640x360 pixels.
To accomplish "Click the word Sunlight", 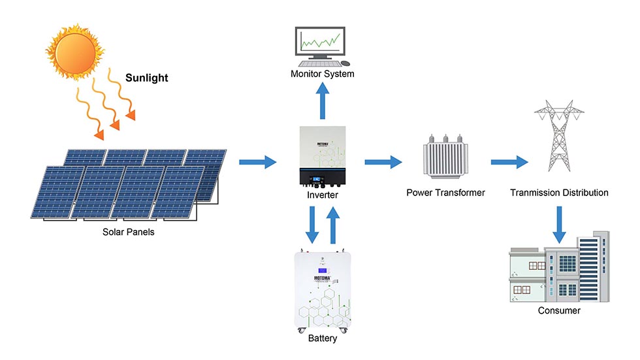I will pos(147,78).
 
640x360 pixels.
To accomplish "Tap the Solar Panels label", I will pos(129,231).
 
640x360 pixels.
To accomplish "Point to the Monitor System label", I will pos(322,74).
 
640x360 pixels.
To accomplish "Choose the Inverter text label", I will pos(323,195).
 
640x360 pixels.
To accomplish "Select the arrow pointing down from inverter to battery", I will pos(312,224).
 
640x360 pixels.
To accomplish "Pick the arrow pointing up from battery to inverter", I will pos(333,224).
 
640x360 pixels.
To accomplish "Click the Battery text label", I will pos(323,338).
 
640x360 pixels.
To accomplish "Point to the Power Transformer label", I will pos(445,193).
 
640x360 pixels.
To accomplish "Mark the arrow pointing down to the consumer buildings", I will pos(559,225).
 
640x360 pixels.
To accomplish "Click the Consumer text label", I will pos(559,310).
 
